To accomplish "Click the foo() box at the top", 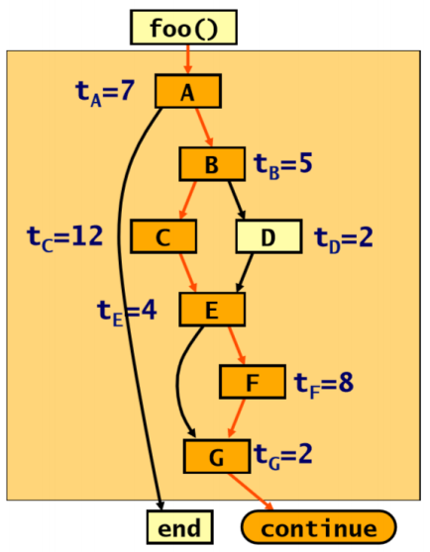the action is click(183, 28).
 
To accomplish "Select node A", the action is click(188, 91).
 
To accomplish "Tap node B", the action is click(212, 164).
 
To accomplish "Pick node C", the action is click(163, 236).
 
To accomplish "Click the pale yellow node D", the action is click(269, 236).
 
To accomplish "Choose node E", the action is click(212, 309).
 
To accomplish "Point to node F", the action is click(253, 382).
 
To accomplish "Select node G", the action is click(217, 456).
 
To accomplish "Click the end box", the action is click(180, 527).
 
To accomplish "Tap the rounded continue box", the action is click(319, 527).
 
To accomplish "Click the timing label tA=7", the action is click(105, 93).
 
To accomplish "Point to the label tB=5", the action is click(282, 166).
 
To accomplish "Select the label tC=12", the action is click(64, 238).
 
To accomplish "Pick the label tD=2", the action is click(343, 239).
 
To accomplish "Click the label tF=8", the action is click(324, 384).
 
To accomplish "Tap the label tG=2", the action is click(282, 456).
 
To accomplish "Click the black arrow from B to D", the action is click(237, 200).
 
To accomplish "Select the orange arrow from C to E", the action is click(188, 272).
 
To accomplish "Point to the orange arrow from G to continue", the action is click(251, 492).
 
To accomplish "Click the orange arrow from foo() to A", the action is click(188, 59).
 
